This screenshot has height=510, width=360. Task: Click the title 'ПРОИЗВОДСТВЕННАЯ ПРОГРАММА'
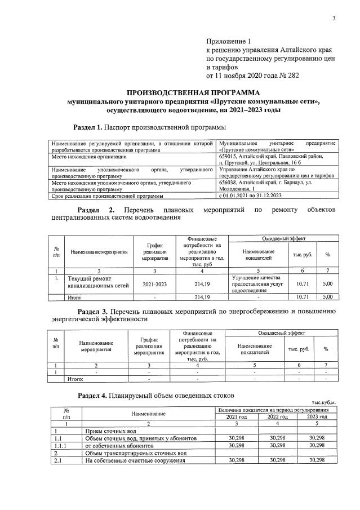tap(193, 92)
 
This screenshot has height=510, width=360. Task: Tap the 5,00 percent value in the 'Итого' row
tap(327, 296)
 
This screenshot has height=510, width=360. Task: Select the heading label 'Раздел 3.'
tap(92, 311)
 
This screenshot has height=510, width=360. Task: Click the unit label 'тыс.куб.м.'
tap(323, 402)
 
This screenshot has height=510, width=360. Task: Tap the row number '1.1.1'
tap(59, 445)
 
